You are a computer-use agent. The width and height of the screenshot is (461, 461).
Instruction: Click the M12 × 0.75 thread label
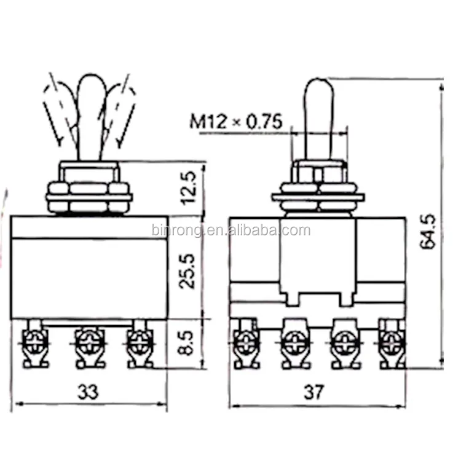click(235, 121)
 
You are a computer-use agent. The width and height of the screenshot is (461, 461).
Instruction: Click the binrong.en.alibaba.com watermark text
click(230, 231)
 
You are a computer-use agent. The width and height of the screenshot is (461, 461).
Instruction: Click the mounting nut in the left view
click(89, 195)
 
